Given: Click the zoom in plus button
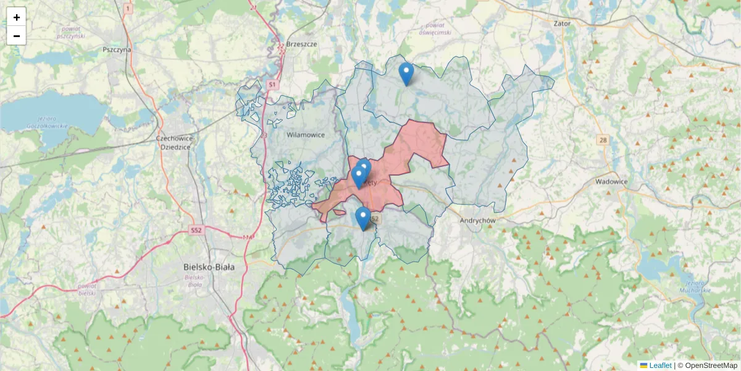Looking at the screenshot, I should point(17,17).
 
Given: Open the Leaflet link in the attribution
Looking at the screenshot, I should point(659,365).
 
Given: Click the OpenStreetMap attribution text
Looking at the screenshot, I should point(711,365).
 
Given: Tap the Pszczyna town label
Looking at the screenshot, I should point(117,49).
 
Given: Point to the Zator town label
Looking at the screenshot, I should point(563,23).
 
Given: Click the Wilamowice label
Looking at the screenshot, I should point(305,134).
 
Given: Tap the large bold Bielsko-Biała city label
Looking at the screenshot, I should point(209,267).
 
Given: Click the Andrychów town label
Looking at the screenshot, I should point(479,220).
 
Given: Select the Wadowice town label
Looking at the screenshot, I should point(611,182).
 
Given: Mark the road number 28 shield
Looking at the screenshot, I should point(603,140).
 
